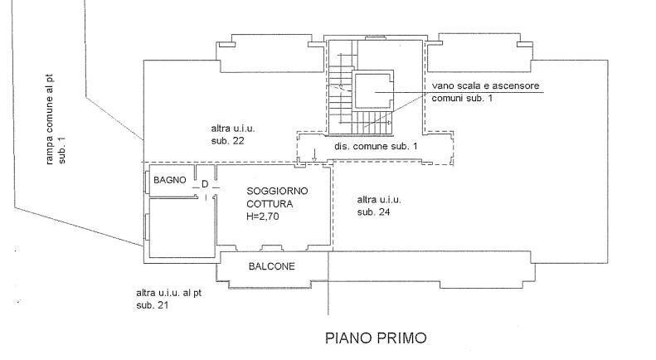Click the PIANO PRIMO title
pyautogui.click(x=376, y=338)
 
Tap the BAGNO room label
pyautogui.click(x=170, y=180)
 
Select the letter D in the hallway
pyautogui.click(x=205, y=185)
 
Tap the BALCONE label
pyautogui.click(x=272, y=266)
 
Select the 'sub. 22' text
pyautogui.click(x=228, y=142)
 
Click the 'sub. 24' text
pyautogui.click(x=374, y=212)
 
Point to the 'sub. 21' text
pyautogui.click(x=153, y=306)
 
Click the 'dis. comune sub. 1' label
pyautogui.click(x=376, y=146)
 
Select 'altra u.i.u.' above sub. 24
pyautogui.click(x=380, y=200)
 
